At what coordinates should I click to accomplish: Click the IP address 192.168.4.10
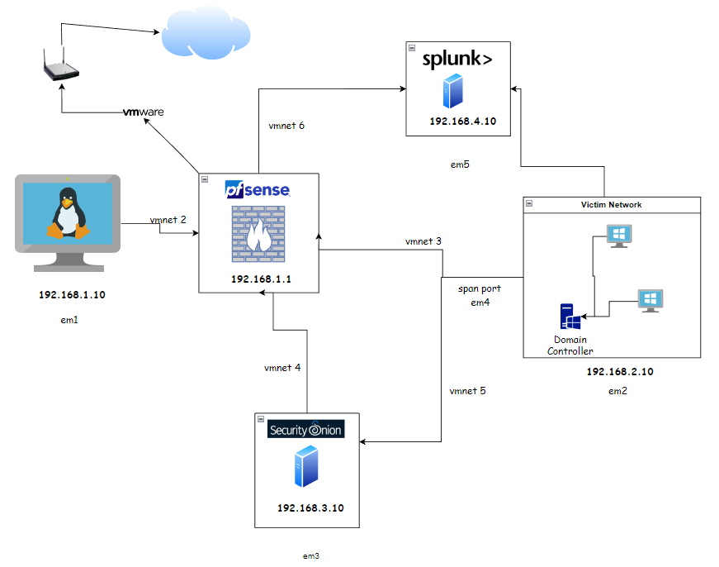click(x=457, y=121)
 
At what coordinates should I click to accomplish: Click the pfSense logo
click(x=257, y=189)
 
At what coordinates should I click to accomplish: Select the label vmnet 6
click(x=286, y=126)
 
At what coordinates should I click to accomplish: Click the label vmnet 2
click(x=168, y=220)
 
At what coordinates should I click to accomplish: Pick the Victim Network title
click(x=612, y=204)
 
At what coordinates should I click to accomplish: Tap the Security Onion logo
click(x=305, y=430)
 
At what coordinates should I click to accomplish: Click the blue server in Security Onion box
click(x=305, y=466)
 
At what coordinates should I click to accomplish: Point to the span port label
click(x=479, y=289)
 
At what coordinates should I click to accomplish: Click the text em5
click(x=460, y=164)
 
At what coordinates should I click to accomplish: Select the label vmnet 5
click(x=467, y=390)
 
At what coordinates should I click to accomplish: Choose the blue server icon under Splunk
click(x=452, y=91)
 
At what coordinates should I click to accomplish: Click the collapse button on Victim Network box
click(x=528, y=203)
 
